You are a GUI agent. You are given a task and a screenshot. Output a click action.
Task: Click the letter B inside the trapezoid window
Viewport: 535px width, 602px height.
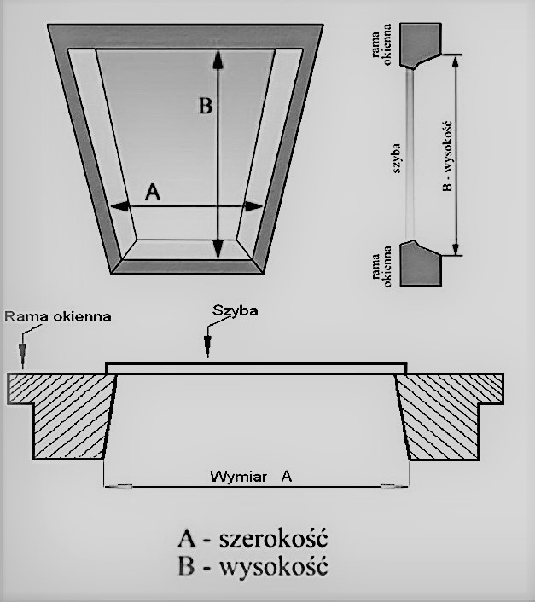tap(205, 106)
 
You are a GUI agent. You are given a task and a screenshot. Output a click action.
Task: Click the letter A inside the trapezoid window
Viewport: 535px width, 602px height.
tap(153, 192)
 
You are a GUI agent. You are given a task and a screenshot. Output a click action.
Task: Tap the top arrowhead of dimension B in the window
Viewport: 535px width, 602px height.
tap(218, 61)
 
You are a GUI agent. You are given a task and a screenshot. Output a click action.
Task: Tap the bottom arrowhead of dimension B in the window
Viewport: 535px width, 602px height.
tap(218, 249)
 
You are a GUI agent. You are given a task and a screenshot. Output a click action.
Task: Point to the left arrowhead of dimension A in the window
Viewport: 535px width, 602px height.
tap(119, 206)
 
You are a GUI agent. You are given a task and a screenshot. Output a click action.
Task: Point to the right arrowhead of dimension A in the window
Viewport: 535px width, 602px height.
tap(253, 206)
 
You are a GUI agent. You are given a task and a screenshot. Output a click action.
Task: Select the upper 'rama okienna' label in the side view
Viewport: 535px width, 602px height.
tap(381, 44)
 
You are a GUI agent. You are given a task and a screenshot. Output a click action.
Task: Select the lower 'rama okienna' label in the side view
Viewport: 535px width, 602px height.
tap(381, 266)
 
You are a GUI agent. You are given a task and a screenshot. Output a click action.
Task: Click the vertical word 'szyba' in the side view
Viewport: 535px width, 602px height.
tap(396, 159)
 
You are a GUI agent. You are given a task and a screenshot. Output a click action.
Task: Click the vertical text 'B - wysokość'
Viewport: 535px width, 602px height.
tap(447, 156)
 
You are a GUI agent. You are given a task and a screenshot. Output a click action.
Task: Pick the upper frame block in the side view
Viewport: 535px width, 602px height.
tap(420, 45)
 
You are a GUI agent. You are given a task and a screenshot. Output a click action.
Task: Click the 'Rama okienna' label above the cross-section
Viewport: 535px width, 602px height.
tap(58, 316)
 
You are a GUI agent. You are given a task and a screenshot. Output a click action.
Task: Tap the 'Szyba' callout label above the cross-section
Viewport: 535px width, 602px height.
tap(235, 310)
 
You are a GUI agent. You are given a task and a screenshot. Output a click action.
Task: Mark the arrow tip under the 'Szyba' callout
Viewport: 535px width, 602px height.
tap(208, 357)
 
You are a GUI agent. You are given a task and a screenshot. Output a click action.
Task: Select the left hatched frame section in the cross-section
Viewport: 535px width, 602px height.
tap(61, 416)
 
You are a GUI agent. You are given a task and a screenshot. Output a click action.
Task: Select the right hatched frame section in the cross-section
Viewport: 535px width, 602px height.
tap(450, 416)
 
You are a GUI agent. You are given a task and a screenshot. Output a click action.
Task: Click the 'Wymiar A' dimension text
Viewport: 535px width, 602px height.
tap(251, 477)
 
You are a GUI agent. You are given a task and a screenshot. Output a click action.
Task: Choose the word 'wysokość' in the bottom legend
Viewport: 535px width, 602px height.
tap(273, 565)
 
